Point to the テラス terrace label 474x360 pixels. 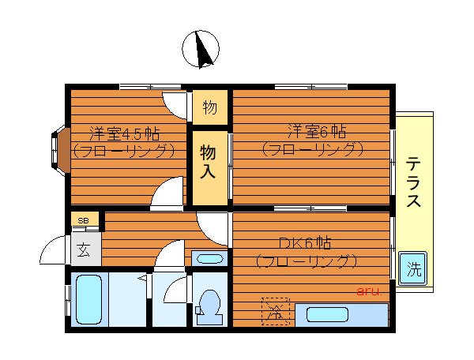(413, 182)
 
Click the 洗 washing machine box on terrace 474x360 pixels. (413, 268)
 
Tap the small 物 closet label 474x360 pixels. (209, 107)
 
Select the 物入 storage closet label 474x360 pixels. (209, 162)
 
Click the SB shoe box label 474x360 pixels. (83, 220)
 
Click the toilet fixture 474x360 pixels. (209, 305)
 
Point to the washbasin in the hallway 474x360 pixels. (209, 257)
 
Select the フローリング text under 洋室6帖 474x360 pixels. (313, 148)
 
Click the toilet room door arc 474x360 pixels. (176, 290)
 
